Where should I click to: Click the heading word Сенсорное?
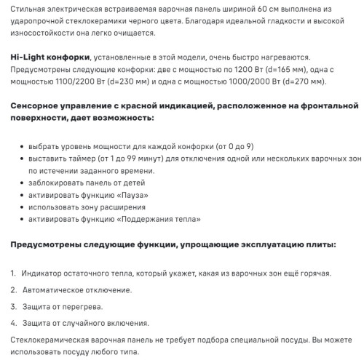(x=39, y=106)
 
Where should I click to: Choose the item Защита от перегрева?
(x=62, y=305)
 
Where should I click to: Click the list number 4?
(x=14, y=322)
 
